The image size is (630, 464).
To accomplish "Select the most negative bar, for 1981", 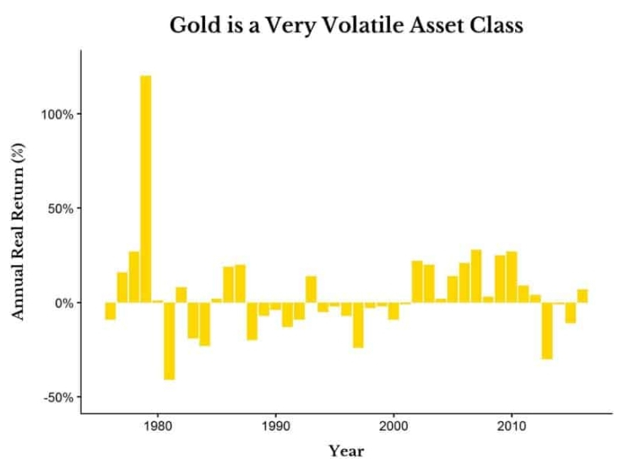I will coord(169,341).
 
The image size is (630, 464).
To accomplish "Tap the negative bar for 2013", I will coord(547,331).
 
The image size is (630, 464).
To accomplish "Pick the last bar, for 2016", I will coord(583,295).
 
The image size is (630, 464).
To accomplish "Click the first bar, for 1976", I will coord(111,310).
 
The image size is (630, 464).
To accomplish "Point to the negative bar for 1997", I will coord(358,325).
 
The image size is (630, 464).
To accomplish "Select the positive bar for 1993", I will coord(311,289).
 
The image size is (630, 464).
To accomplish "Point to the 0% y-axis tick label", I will coord(63,303).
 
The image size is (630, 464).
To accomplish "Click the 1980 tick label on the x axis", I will coord(158,426).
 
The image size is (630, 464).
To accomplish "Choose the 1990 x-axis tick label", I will coord(276,426).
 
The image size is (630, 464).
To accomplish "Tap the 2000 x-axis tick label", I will coord(394,426).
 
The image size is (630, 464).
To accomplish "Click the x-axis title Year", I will coord(346,451).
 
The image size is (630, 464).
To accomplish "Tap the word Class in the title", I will coord(497,24).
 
